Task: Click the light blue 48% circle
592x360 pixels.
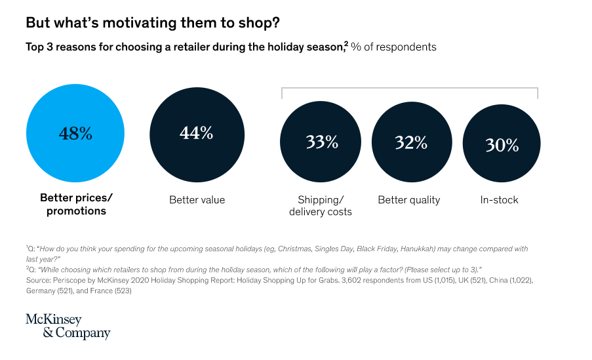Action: click(x=75, y=134)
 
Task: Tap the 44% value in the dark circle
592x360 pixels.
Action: click(x=197, y=132)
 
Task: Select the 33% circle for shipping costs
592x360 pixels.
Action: click(x=321, y=142)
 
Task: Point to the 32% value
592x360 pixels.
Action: click(x=411, y=142)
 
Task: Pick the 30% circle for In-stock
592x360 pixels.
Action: click(x=502, y=145)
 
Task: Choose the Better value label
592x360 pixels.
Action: click(x=197, y=199)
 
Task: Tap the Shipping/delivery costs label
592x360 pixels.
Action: click(x=321, y=205)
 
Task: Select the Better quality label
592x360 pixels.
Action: click(x=409, y=199)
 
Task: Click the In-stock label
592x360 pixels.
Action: click(x=499, y=199)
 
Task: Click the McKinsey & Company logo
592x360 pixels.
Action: click(x=68, y=326)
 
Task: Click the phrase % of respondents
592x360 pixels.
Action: click(x=393, y=47)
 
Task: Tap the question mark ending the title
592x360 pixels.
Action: click(x=276, y=23)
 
